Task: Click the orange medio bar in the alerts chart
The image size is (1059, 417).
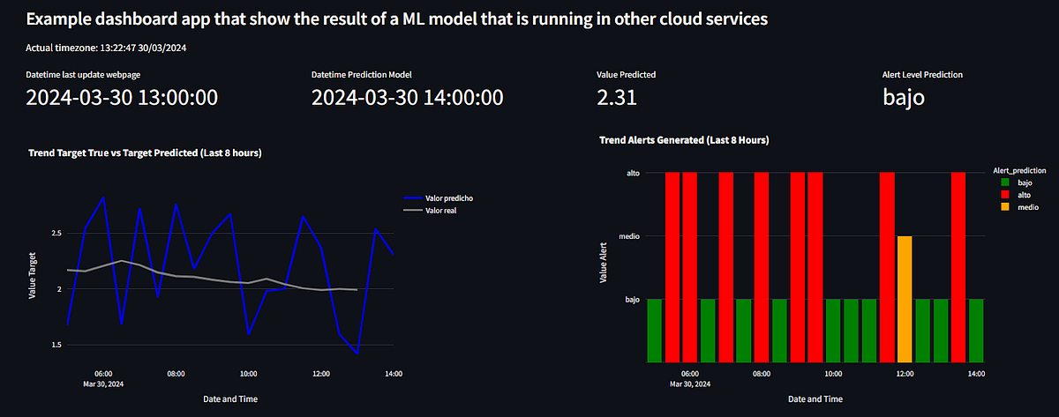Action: point(905,299)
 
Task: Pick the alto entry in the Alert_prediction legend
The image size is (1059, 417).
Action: point(1018,194)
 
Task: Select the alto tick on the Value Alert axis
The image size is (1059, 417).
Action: point(632,173)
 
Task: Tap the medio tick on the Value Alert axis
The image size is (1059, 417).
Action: point(628,236)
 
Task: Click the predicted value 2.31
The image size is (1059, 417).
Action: point(617,98)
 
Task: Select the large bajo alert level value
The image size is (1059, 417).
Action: point(904,98)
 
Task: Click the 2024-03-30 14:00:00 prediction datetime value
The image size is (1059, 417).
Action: point(408,98)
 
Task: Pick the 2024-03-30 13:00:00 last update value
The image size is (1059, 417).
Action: point(122,98)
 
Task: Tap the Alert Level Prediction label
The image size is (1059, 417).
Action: point(922,75)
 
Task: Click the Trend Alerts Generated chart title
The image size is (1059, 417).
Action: point(684,140)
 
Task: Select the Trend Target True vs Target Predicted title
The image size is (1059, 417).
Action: point(145,153)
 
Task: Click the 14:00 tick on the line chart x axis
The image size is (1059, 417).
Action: point(394,374)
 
